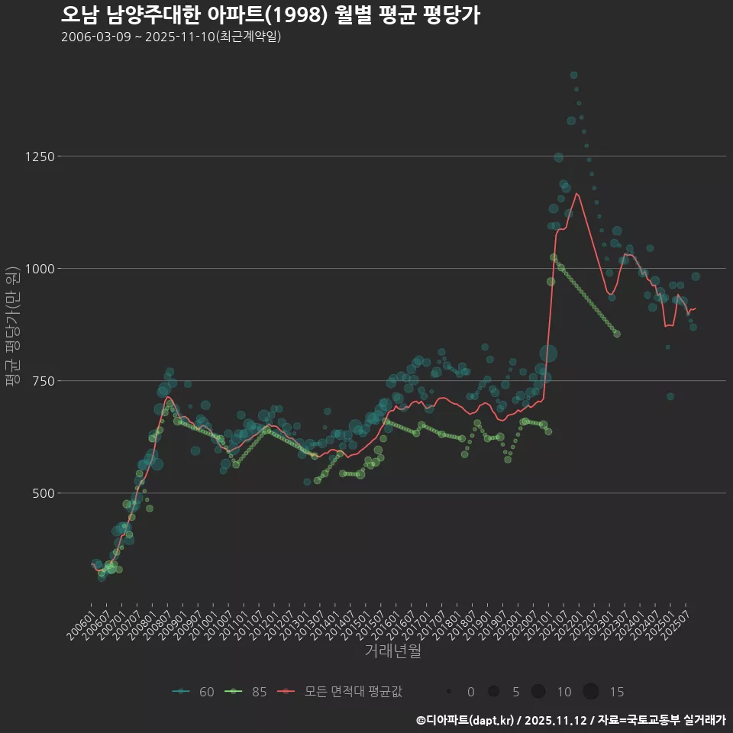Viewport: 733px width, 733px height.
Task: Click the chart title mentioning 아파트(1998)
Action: click(x=270, y=15)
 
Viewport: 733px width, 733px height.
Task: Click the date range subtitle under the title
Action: click(x=171, y=37)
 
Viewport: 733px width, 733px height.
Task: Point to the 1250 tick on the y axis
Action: click(x=40, y=157)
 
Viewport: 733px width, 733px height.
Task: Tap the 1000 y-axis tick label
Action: click(x=40, y=269)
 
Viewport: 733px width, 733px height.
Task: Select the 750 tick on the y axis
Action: click(x=43, y=381)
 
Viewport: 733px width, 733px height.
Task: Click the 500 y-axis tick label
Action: click(x=43, y=493)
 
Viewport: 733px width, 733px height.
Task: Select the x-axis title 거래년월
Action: click(x=392, y=651)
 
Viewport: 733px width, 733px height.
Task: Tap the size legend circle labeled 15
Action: click(x=591, y=692)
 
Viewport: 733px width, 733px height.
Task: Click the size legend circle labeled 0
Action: click(x=450, y=692)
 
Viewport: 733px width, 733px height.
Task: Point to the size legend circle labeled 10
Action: click(x=538, y=692)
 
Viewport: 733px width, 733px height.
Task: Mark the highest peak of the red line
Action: click(x=576, y=193)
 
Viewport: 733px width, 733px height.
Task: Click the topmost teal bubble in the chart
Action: click(x=573, y=75)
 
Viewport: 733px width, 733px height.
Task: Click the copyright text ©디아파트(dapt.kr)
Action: click(x=465, y=720)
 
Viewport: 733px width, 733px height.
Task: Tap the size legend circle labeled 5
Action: click(x=493, y=692)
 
